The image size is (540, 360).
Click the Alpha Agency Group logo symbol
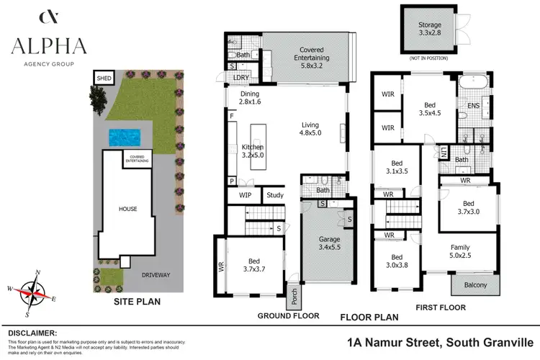(49, 17)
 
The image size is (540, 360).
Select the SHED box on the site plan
(103, 78)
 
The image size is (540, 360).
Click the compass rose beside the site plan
(32, 291)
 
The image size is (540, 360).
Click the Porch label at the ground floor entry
(294, 297)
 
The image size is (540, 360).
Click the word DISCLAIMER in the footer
(32, 333)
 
